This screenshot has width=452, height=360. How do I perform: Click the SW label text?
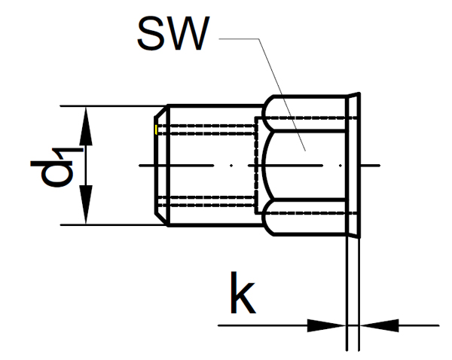pos(171,34)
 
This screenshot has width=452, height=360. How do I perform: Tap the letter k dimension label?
pos(243,297)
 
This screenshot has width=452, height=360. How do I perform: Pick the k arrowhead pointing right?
pos(328,325)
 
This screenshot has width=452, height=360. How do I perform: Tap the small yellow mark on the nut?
pos(155,131)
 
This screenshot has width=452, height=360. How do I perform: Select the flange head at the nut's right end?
pos(354,164)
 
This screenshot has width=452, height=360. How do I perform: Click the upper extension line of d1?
pos(113,105)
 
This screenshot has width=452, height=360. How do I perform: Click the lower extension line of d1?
pos(113,224)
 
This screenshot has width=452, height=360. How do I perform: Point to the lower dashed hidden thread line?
pos(211,208)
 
